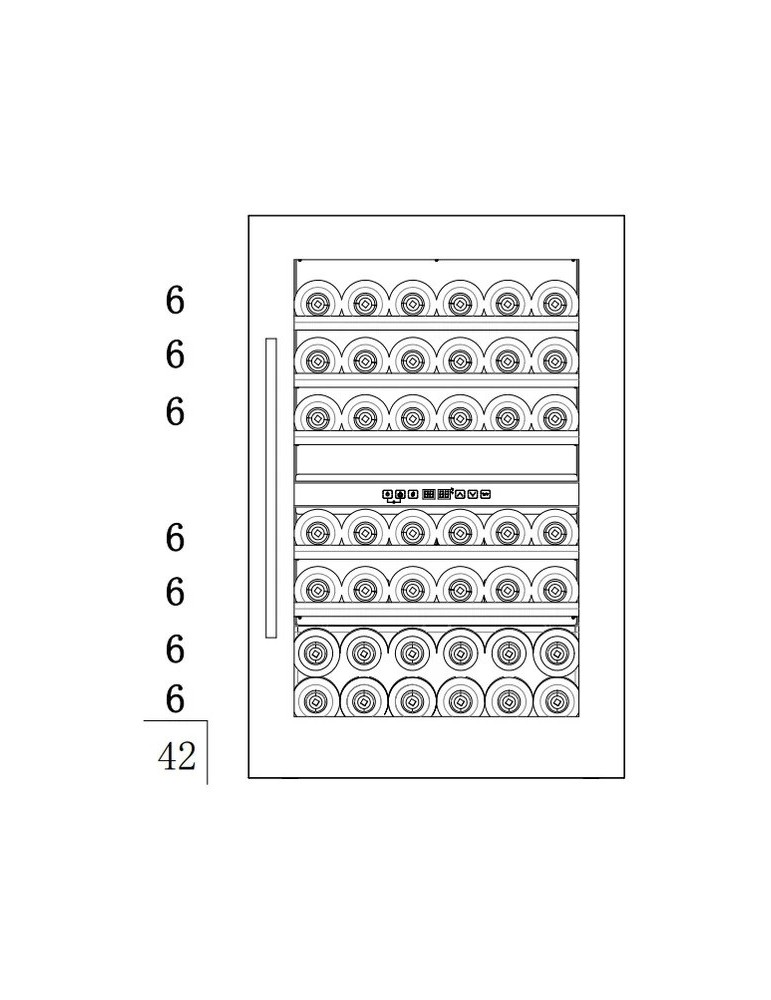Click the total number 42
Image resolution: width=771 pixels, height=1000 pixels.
tap(177, 756)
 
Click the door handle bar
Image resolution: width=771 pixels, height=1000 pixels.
tap(270, 488)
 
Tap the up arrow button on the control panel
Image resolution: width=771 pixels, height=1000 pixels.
tap(460, 493)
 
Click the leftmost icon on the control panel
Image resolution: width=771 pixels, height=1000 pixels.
tap(387, 493)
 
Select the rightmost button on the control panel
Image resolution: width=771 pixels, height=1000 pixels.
tap(485, 493)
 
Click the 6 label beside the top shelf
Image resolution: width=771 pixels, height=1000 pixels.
tap(176, 300)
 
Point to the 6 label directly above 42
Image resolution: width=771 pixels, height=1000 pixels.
tap(176, 700)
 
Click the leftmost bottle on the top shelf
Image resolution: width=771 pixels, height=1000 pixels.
tap(317, 301)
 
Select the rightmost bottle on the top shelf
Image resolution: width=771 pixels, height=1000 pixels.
tap(554, 301)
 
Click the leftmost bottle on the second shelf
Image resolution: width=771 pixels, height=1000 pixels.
tap(317, 357)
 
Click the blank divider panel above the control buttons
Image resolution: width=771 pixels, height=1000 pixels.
tap(435, 461)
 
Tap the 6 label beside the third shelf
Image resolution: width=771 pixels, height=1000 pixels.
tap(176, 411)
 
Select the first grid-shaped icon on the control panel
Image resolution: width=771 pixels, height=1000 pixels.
tap(428, 493)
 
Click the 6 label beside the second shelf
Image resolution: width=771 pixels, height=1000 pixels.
tap(176, 354)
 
